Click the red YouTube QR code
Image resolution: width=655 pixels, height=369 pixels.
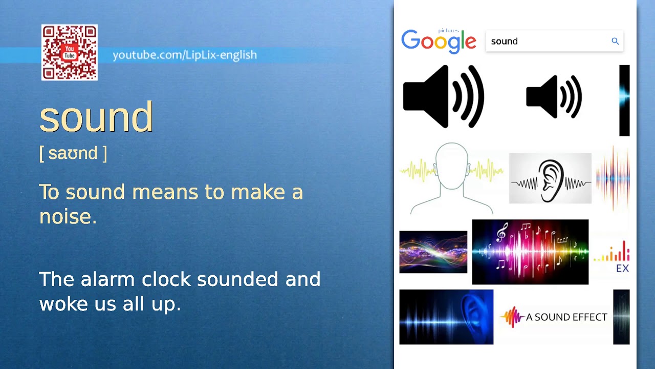[x=70, y=53]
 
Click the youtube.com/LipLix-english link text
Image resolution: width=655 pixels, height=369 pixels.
[x=185, y=55]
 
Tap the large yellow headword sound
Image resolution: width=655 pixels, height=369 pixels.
[x=96, y=117]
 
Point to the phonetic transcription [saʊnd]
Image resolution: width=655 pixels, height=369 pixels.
[x=73, y=153]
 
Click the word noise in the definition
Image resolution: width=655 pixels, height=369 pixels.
[x=68, y=217]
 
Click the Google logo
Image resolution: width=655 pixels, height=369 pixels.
[x=439, y=42]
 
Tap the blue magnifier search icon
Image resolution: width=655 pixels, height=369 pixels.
[x=615, y=41]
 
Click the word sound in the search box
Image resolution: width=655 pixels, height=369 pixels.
[x=505, y=42]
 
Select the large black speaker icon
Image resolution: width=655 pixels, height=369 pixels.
[x=443, y=96]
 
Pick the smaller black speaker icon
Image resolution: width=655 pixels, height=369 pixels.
[x=554, y=97]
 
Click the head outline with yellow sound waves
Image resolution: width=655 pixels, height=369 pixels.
[x=452, y=177]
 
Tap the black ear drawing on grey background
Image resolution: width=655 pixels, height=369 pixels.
[x=550, y=178]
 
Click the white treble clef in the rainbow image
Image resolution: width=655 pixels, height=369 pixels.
[x=501, y=233]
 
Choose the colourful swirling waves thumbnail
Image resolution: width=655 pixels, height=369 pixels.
[x=433, y=252]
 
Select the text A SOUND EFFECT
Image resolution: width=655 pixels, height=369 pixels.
[x=566, y=317]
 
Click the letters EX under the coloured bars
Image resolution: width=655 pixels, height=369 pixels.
[x=622, y=269]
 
